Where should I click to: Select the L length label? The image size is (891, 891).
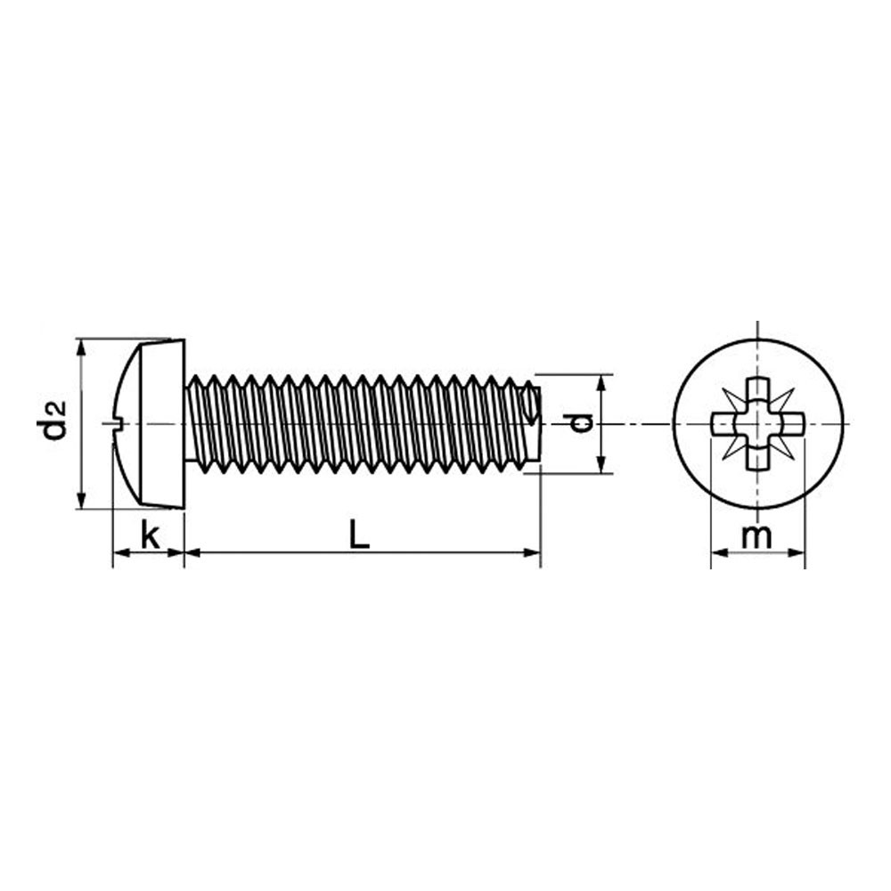(359, 535)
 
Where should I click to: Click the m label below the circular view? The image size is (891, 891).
(756, 536)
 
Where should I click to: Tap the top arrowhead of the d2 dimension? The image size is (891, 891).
(82, 347)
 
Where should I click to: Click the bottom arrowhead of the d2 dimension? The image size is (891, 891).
(82, 501)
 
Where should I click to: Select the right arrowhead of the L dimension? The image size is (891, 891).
(533, 552)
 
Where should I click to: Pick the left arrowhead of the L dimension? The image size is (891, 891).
(193, 552)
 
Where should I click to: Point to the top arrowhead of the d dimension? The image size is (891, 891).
(602, 383)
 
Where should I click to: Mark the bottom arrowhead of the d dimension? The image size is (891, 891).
(602, 465)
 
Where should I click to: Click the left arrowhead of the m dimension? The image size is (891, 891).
(720, 552)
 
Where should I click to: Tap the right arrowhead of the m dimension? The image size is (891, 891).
(797, 552)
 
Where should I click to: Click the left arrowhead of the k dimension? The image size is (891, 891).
(121, 552)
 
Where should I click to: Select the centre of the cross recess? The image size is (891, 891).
(758, 424)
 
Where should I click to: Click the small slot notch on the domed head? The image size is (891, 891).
(117, 421)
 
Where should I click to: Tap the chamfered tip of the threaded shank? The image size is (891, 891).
(531, 423)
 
